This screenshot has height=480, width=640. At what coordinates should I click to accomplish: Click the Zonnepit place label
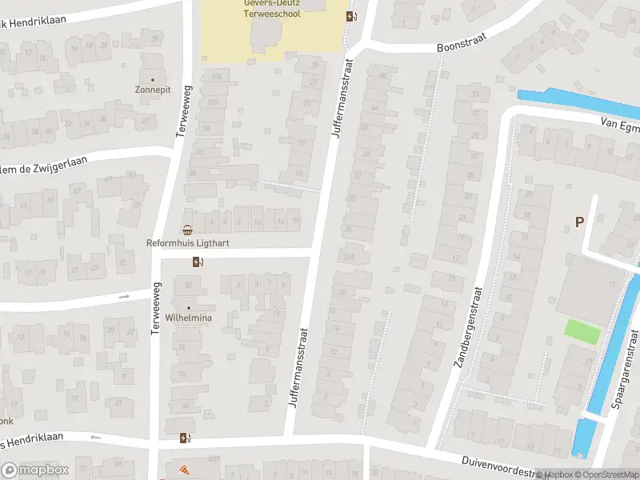[153, 90]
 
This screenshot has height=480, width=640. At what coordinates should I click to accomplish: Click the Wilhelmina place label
[188, 318]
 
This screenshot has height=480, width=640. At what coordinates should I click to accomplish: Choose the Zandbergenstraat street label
[470, 326]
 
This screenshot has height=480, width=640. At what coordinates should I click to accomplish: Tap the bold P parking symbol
[579, 222]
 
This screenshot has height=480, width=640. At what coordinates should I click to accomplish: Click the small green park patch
[582, 331]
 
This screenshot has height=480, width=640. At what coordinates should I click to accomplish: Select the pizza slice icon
[184, 470]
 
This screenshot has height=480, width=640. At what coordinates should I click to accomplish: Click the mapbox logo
[34, 470]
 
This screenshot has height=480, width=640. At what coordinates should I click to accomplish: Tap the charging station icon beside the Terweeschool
[351, 16]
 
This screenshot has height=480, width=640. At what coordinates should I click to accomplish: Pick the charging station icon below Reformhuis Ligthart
[197, 262]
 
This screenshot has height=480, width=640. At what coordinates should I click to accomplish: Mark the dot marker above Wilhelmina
[190, 307]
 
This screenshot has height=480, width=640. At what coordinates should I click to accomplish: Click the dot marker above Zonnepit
[152, 80]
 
